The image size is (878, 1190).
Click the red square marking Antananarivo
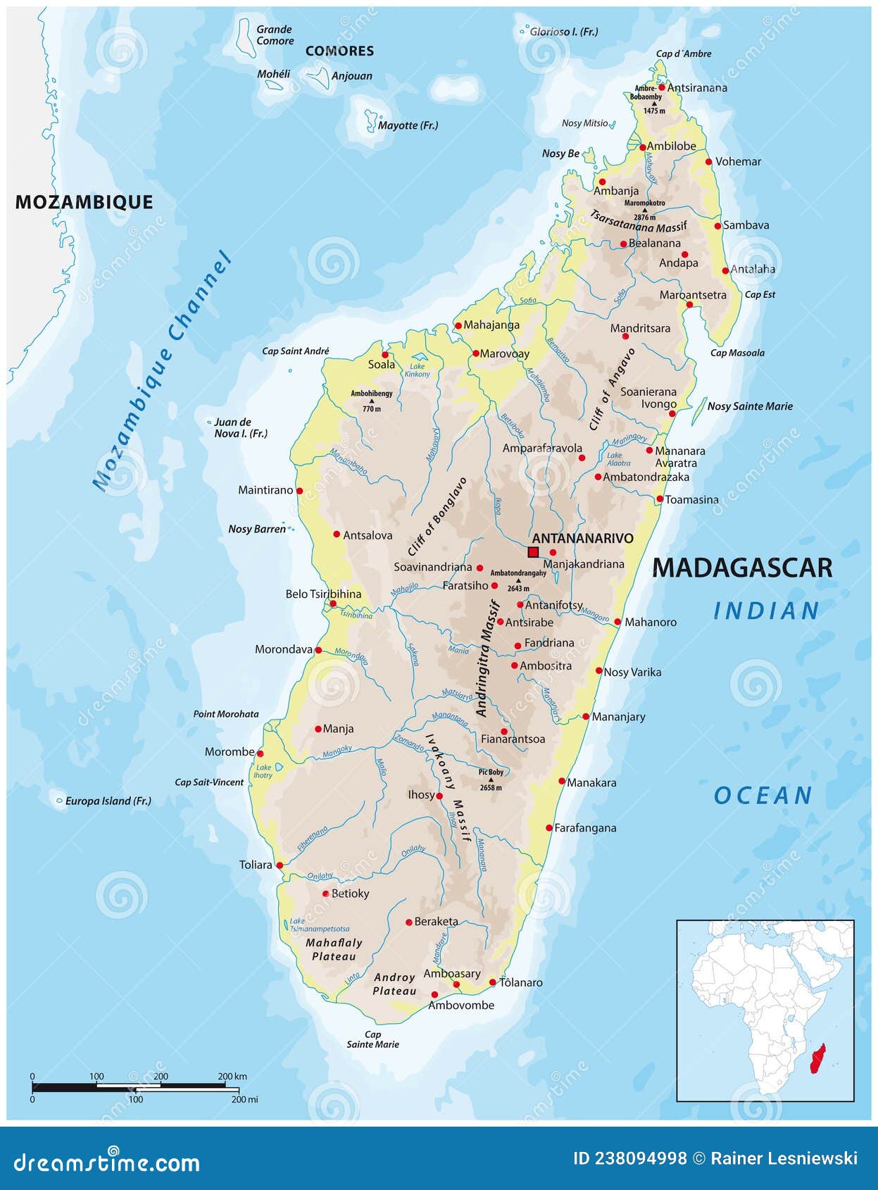(533, 552)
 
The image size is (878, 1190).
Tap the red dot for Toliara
(280, 865)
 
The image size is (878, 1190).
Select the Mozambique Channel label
(163, 372)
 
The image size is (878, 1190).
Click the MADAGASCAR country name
(742, 568)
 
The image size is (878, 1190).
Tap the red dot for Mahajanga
(458, 325)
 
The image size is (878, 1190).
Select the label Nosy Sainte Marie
(750, 406)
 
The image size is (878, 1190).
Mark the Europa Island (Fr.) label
(108, 801)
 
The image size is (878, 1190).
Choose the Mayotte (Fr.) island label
(408, 125)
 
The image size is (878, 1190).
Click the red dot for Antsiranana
(662, 87)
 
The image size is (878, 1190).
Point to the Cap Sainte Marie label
(372, 1039)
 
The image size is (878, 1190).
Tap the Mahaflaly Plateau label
(334, 949)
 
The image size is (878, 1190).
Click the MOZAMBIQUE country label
(84, 202)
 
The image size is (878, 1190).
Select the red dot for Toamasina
(660, 499)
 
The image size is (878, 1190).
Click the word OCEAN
(763, 796)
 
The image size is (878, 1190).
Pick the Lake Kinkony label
(418, 370)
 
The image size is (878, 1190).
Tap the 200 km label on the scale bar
(232, 1076)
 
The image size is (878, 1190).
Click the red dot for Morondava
(318, 650)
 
